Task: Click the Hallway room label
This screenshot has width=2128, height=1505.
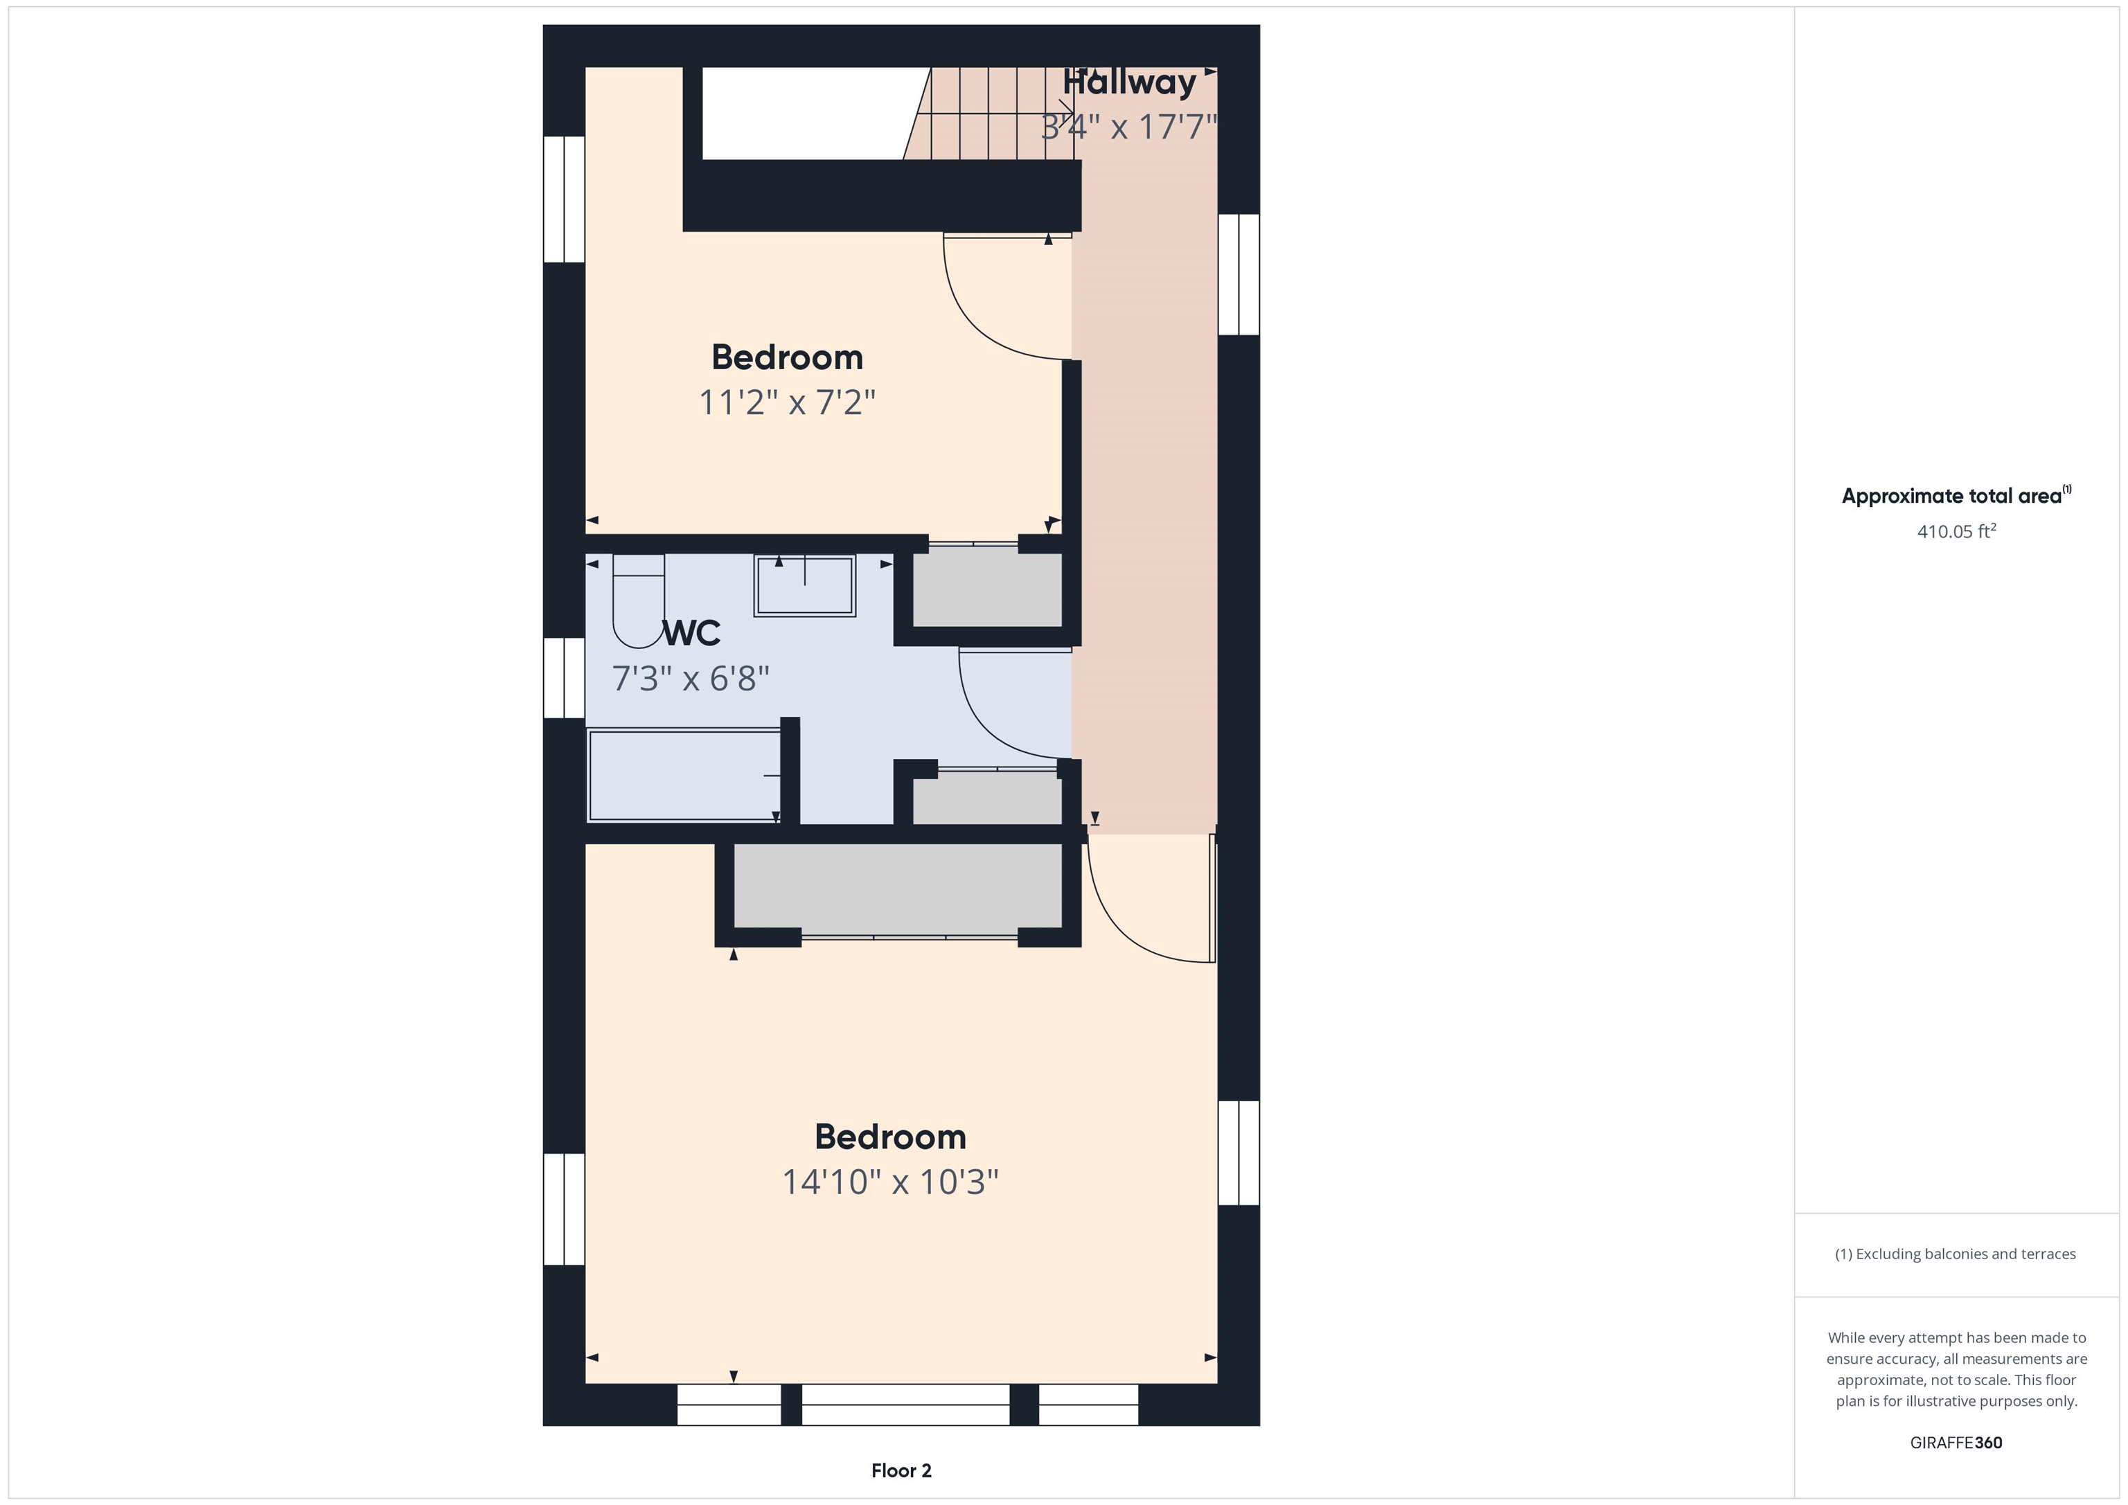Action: pos(1129,83)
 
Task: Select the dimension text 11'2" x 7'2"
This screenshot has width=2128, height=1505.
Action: pos(787,402)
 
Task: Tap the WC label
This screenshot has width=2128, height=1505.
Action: pos(691,633)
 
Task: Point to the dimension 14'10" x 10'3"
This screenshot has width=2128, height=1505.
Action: pos(889,1182)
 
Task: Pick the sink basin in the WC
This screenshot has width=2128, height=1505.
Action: pos(804,586)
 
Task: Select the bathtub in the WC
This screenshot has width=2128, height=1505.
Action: pos(684,776)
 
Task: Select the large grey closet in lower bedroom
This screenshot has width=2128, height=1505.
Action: pos(897,887)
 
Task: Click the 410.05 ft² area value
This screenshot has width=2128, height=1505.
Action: pos(1956,532)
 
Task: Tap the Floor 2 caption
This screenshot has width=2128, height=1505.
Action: pos(901,1470)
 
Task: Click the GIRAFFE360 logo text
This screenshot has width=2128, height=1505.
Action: pos(1956,1443)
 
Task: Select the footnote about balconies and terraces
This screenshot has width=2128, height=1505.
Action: pos(1955,1254)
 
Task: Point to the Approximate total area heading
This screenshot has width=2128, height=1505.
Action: pos(1955,496)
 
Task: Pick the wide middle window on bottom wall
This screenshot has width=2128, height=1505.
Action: pos(905,1405)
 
